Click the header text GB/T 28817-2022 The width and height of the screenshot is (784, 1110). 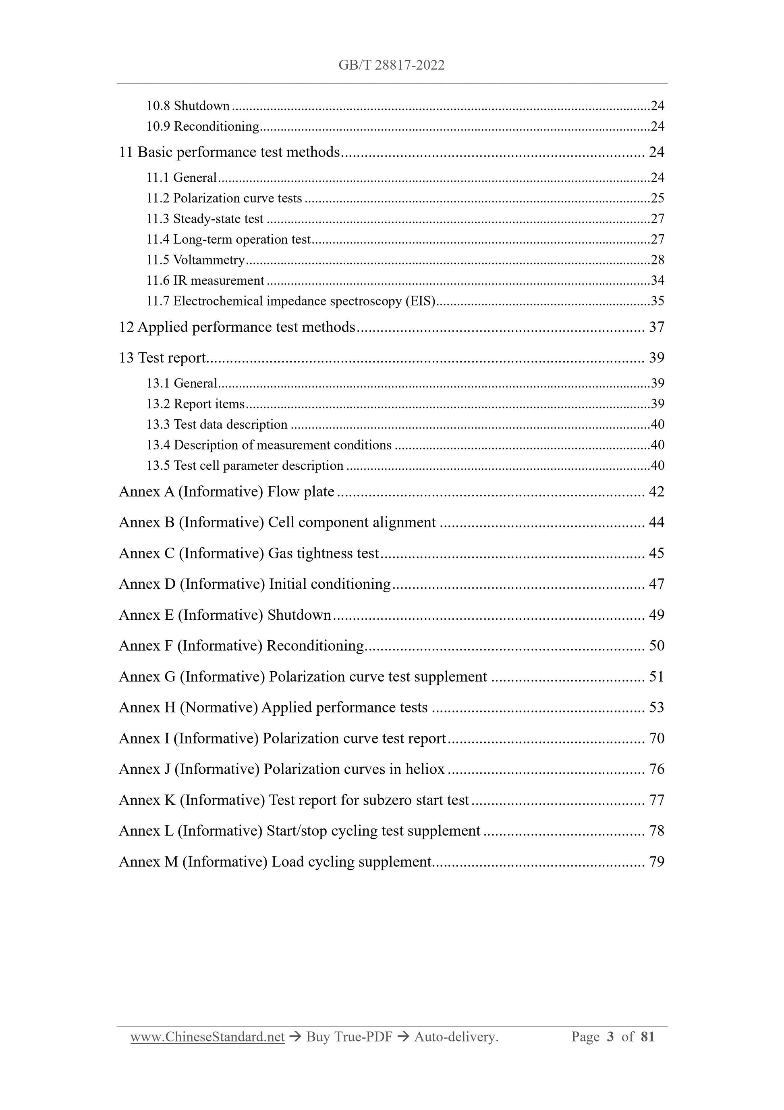[x=391, y=65]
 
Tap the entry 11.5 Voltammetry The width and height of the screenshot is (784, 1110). [x=196, y=260]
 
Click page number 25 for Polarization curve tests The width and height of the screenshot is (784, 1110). [x=657, y=198]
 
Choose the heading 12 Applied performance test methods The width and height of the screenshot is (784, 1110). [x=237, y=327]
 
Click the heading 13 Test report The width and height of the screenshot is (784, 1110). [x=162, y=358]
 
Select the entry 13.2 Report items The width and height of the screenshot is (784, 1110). [x=196, y=404]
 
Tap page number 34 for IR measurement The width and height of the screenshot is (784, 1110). [x=657, y=280]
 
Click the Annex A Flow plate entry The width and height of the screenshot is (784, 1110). [x=226, y=491]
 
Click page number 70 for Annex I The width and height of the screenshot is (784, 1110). [x=656, y=738]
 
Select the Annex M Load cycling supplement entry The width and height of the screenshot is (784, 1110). [x=275, y=862]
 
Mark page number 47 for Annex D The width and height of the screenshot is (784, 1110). [x=656, y=584]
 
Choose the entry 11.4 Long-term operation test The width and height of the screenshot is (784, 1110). [x=228, y=239]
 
